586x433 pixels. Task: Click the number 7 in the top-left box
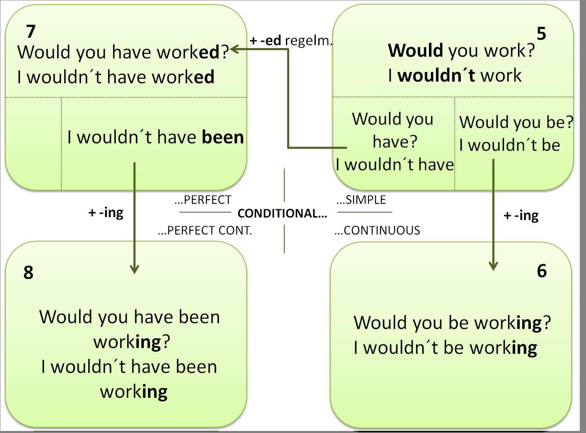pyautogui.click(x=31, y=31)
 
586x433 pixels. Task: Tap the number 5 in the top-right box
pyautogui.click(x=541, y=34)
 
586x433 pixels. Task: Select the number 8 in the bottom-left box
pyautogui.click(x=28, y=273)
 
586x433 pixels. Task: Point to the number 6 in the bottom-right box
pyautogui.click(x=542, y=271)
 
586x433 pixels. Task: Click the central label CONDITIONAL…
pyautogui.click(x=282, y=213)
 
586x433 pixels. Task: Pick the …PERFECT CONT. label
pyautogui.click(x=205, y=230)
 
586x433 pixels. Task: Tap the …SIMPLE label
pyautogui.click(x=361, y=200)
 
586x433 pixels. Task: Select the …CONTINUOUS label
pyautogui.click(x=377, y=230)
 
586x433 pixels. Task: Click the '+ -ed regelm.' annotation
pyautogui.click(x=291, y=41)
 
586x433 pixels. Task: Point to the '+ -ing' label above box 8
pyautogui.click(x=106, y=213)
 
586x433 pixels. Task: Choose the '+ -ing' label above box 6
pyautogui.click(x=521, y=215)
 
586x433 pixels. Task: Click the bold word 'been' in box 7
pyautogui.click(x=223, y=137)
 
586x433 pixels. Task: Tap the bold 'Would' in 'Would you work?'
pyautogui.click(x=416, y=51)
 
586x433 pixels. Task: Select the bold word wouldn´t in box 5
pyautogui.click(x=436, y=75)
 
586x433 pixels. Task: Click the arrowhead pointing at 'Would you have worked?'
pyautogui.click(x=235, y=49)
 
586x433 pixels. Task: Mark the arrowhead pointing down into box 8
pyautogui.click(x=134, y=269)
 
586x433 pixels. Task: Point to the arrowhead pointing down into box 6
pyautogui.click(x=493, y=266)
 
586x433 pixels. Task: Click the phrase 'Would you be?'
pyautogui.click(x=516, y=122)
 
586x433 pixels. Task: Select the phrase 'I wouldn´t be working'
pyautogui.click(x=445, y=348)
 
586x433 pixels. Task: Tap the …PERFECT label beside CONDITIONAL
pyautogui.click(x=203, y=200)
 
